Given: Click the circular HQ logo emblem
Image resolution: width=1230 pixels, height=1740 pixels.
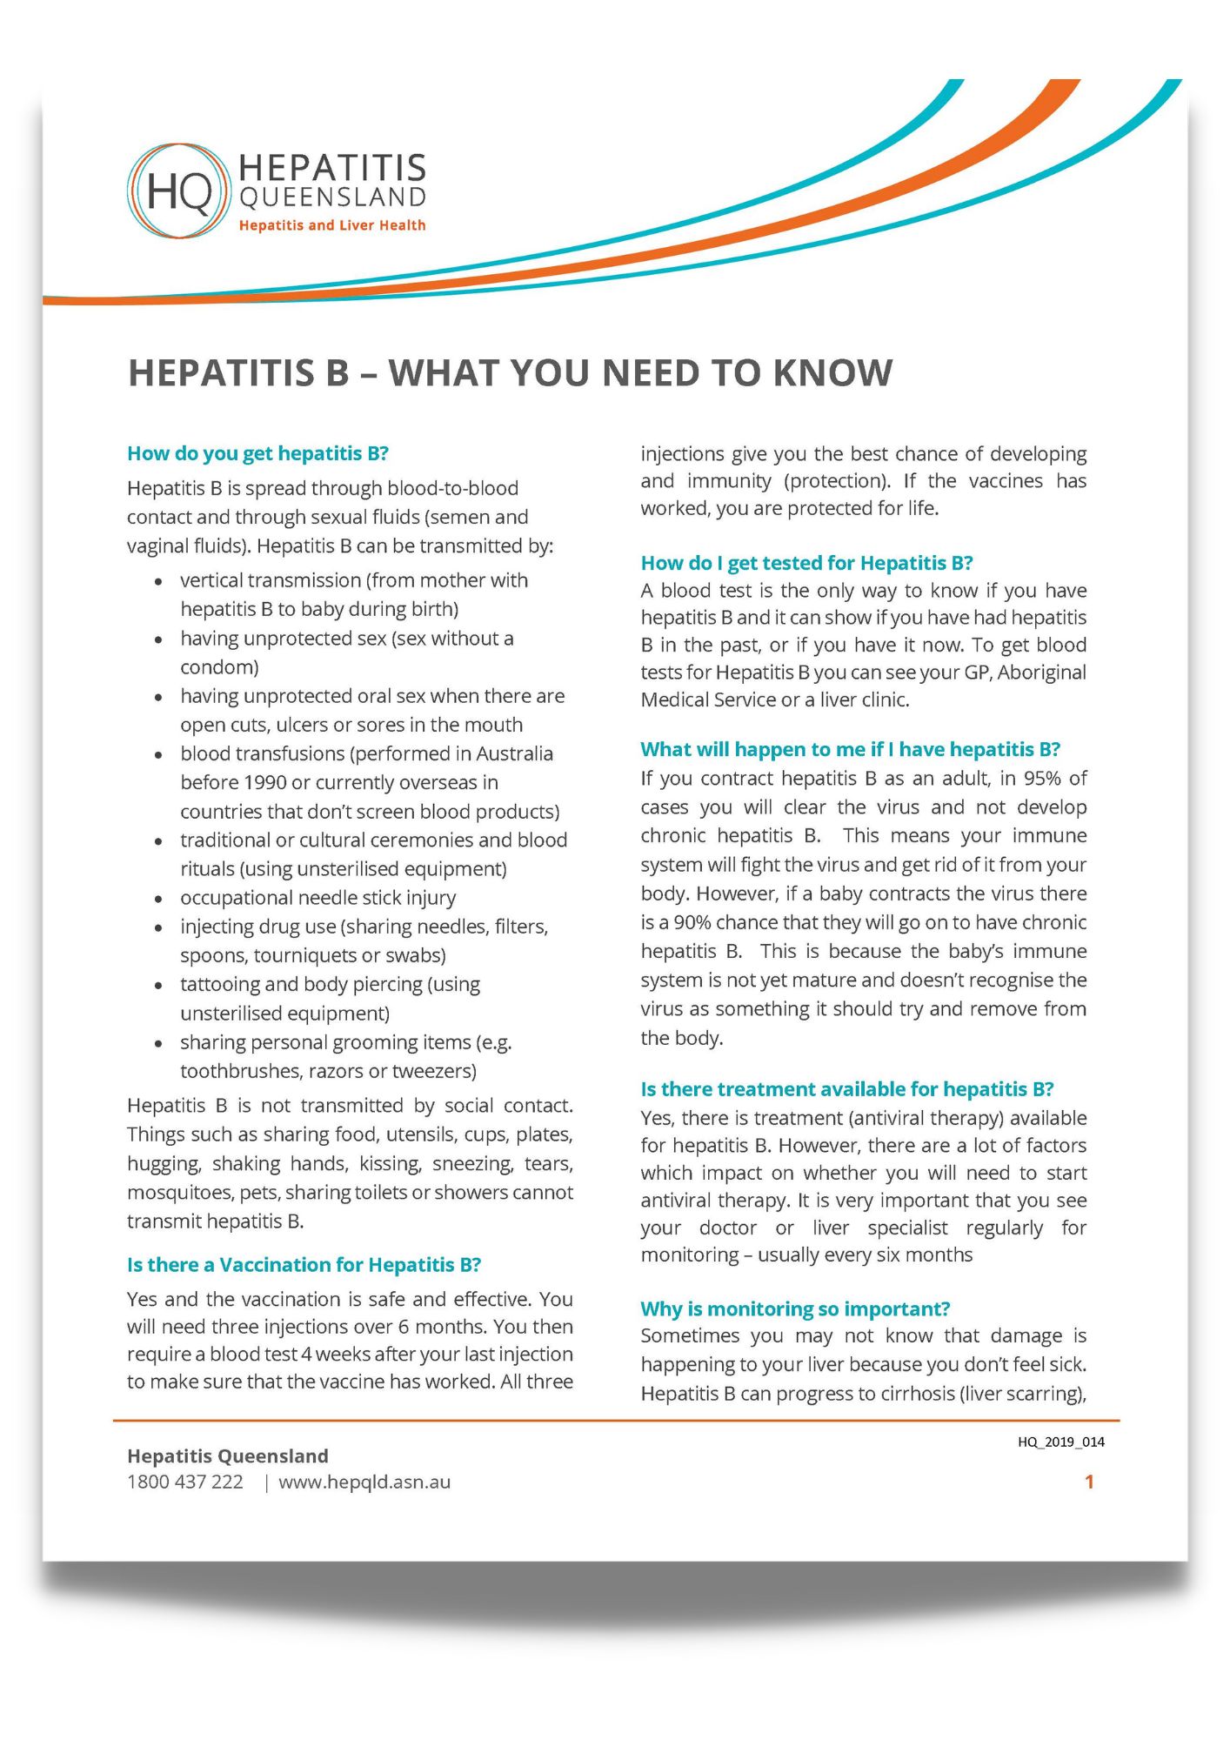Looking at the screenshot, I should coord(179,191).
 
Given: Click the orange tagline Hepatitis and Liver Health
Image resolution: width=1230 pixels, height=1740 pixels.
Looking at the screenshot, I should coord(332,225).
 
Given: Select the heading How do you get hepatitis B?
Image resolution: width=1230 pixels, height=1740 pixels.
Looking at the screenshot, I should coord(257,453).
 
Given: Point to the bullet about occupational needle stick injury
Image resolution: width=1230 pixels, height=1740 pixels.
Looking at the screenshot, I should coord(318,898).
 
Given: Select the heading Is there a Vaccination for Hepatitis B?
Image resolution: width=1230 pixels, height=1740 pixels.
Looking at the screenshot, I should coord(304,1264).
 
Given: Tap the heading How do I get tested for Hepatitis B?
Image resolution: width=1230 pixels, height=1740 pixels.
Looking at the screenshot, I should coord(806,563).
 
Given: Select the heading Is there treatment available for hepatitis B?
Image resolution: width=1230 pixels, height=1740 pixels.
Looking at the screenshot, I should coord(846,1089).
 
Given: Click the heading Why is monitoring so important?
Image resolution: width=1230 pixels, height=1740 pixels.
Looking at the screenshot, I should coord(795,1308).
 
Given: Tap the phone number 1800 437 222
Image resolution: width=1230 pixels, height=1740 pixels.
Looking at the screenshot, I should coord(185,1482).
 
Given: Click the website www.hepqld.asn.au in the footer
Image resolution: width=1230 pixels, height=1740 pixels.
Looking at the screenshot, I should coord(364,1482).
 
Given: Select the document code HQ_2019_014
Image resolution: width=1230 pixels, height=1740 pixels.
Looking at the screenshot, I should coord(1060,1442).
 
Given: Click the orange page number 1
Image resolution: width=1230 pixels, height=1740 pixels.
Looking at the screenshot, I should coord(1089,1482).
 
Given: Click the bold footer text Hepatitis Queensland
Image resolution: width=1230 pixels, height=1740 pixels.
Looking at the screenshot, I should coord(228,1456).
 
